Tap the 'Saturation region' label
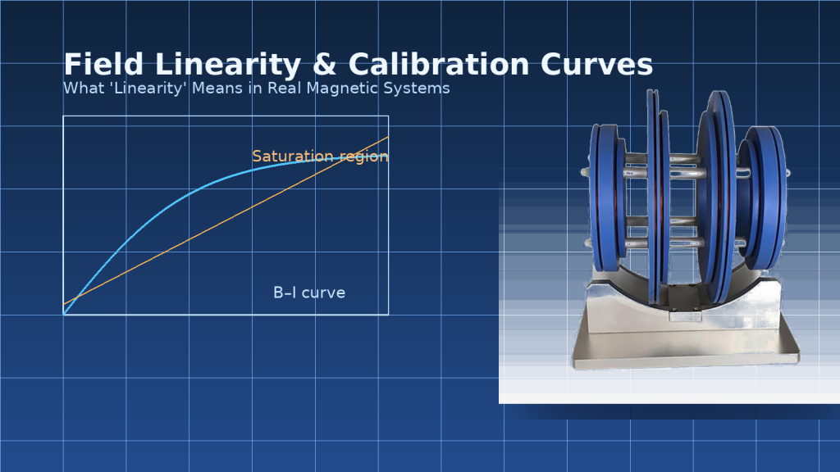320,156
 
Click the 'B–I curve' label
309,293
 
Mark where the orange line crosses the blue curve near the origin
76,297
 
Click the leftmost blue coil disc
605,197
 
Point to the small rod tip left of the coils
585,173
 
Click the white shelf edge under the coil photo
669,397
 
